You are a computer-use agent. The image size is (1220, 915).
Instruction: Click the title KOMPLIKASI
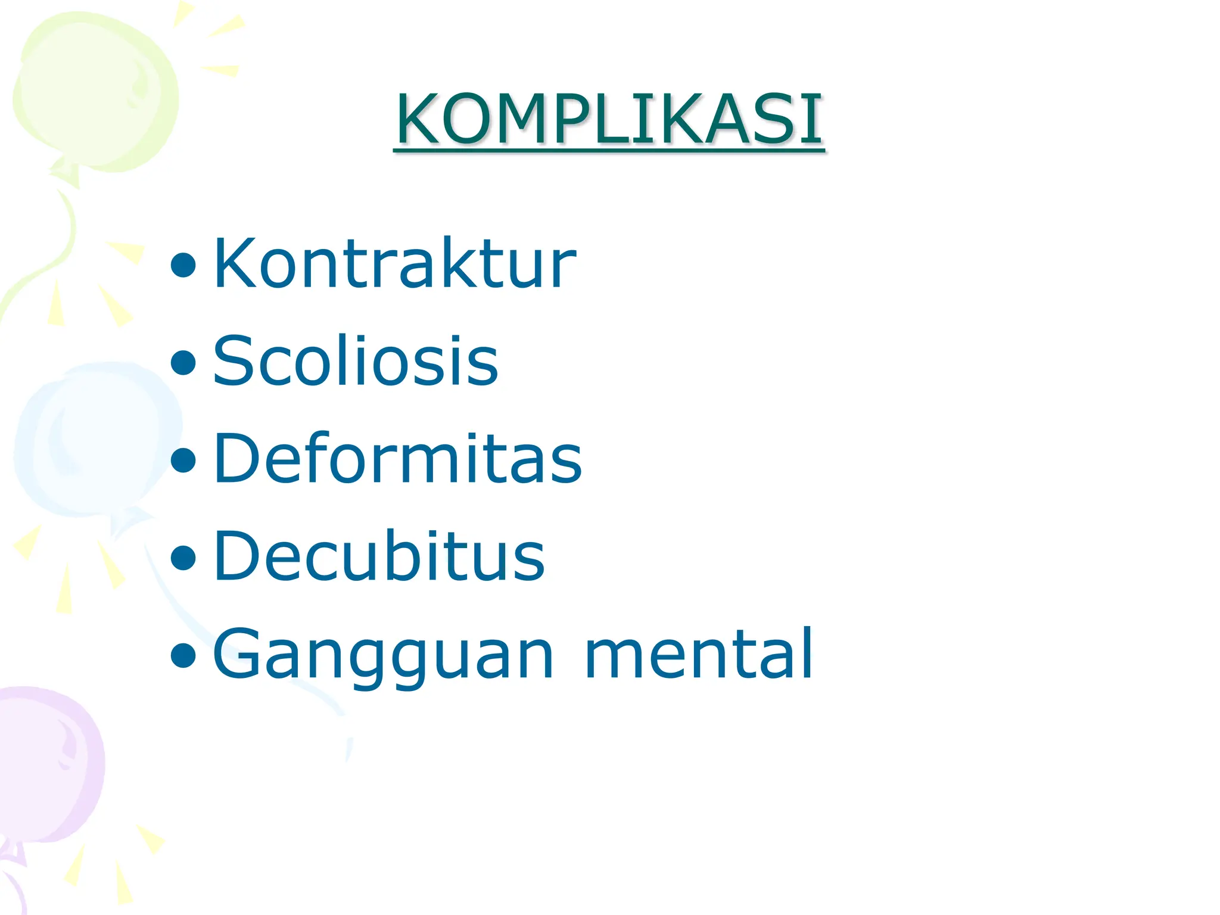609,119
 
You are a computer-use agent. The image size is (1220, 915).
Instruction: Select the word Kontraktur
394,263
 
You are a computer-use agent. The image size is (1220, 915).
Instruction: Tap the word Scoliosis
355,360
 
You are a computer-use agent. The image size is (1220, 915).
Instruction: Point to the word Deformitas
397,458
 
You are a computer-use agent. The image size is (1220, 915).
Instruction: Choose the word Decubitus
379,556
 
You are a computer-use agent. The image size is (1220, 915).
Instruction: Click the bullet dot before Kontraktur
183,266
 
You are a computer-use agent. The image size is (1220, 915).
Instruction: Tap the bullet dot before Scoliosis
183,363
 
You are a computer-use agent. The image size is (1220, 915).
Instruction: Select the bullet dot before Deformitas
183,460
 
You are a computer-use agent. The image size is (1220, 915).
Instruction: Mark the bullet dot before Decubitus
183,558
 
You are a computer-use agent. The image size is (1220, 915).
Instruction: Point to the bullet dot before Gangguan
183,656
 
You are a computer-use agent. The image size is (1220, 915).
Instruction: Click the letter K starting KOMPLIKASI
417,119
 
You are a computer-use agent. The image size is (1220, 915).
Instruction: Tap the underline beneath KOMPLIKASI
609,151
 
